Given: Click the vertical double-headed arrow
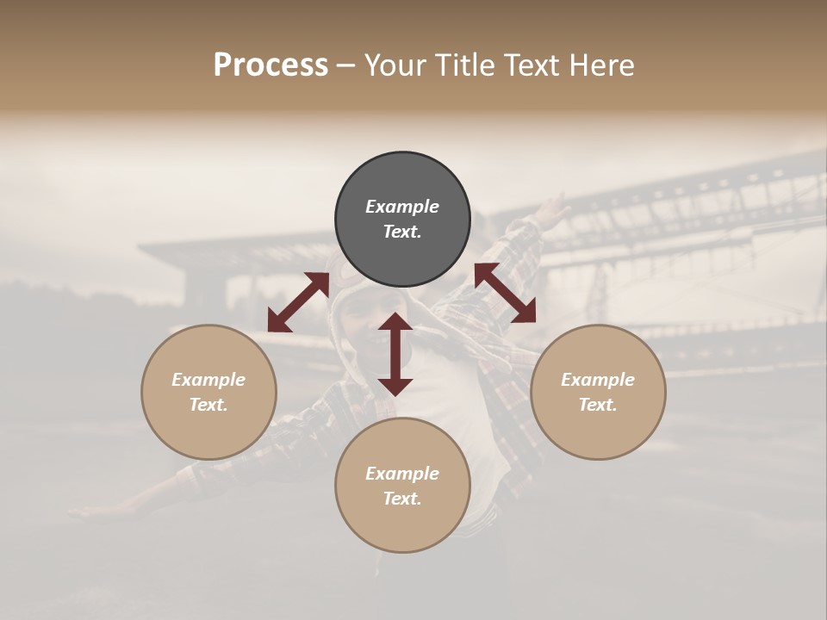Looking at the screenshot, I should click(395, 354).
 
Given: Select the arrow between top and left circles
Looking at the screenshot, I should click(298, 302).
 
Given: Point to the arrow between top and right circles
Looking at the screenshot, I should click(505, 293).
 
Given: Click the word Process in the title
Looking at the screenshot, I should click(270, 65).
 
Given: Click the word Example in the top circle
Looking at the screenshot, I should click(402, 207).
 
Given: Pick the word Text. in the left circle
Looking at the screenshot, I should click(208, 405).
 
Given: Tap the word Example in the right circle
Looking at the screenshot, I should click(598, 380).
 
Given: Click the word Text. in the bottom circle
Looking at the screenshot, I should click(402, 499).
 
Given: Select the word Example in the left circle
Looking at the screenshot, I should click(208, 380).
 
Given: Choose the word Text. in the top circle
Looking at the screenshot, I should click(402, 232).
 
